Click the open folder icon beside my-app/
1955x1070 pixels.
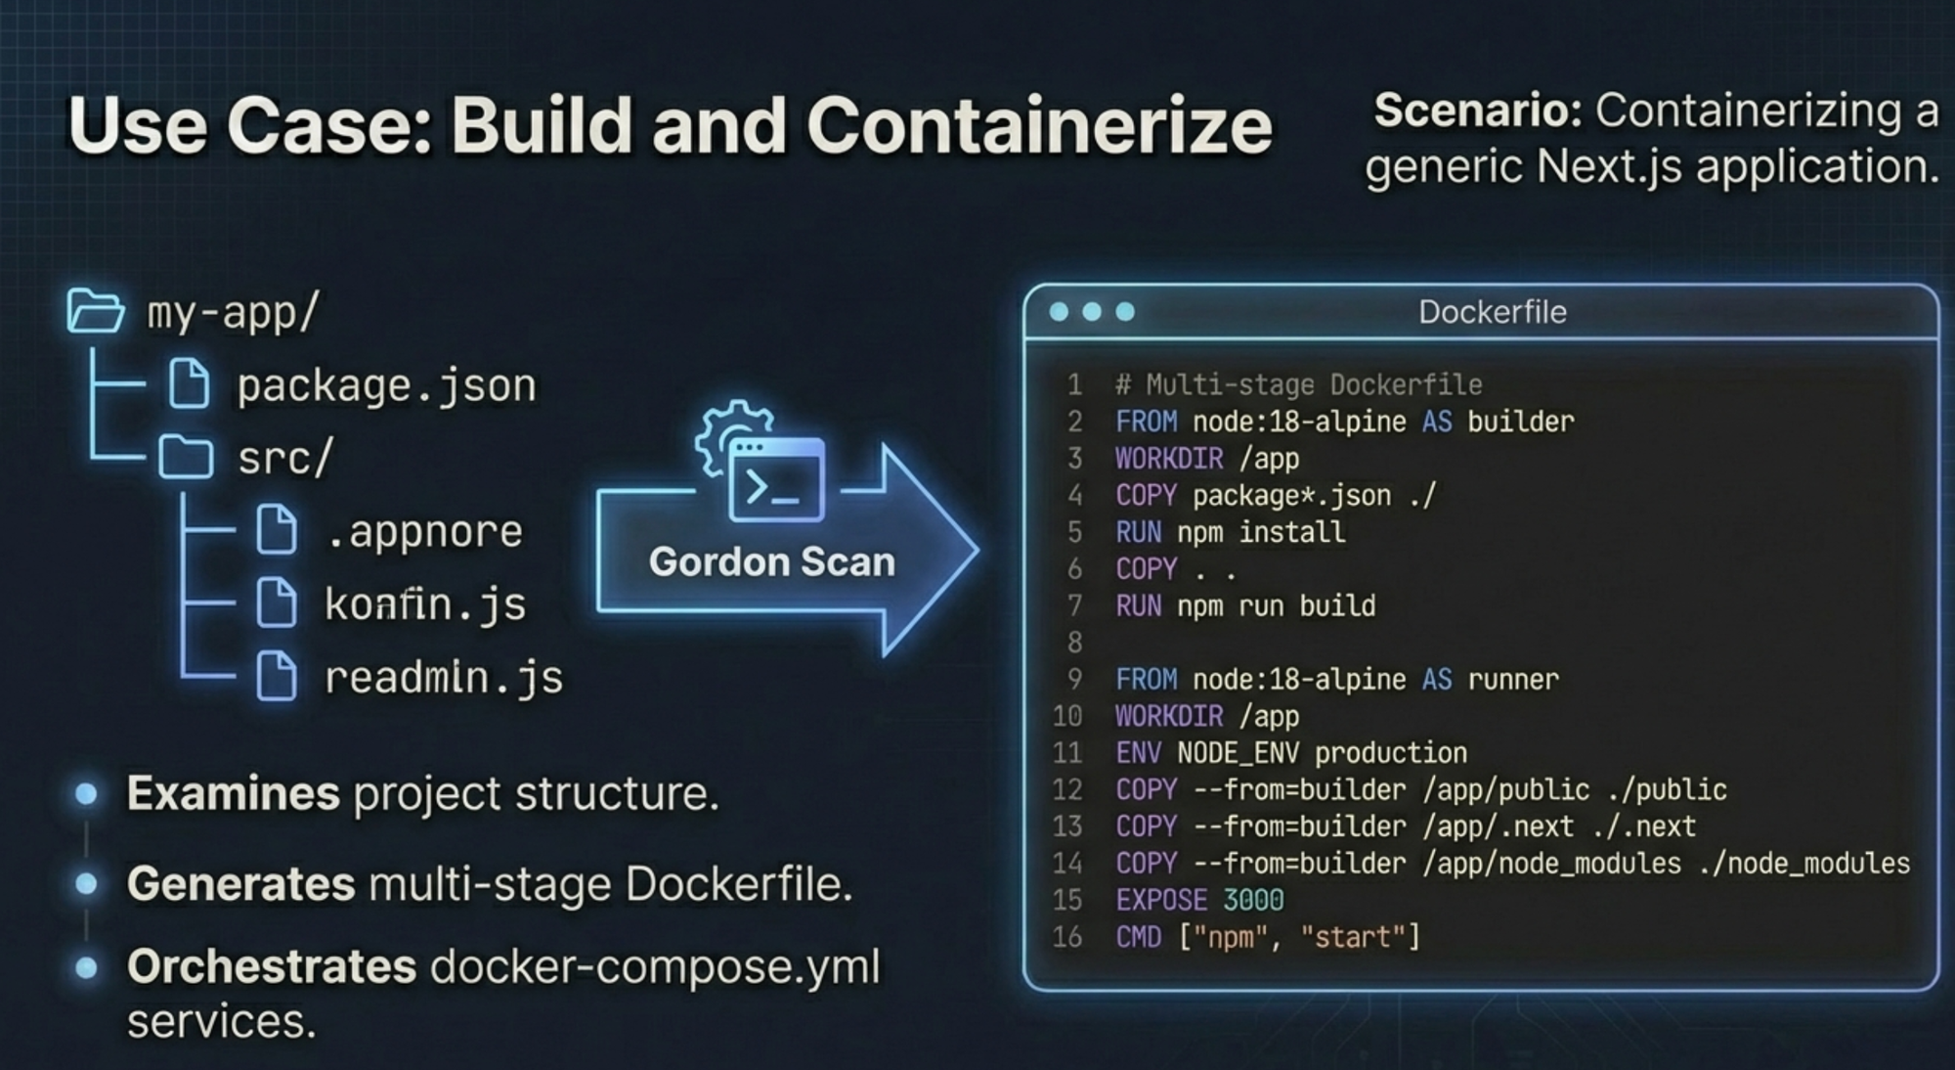point(95,312)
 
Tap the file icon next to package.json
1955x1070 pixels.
point(189,383)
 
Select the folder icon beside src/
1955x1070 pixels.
point(186,457)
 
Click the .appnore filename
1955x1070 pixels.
point(424,531)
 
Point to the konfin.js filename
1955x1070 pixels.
point(425,604)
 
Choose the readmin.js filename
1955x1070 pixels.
point(444,677)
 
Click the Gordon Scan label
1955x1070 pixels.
point(771,562)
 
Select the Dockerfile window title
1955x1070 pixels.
point(1492,312)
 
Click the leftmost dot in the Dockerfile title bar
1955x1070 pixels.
point(1059,312)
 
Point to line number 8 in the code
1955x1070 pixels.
point(1074,643)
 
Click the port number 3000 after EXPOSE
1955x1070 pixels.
point(1253,900)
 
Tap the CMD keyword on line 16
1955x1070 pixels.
point(1138,937)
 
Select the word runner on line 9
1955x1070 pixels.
point(1513,680)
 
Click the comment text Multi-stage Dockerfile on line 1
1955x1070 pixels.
point(1314,384)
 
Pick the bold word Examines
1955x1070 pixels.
point(233,793)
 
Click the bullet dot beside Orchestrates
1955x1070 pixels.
point(87,967)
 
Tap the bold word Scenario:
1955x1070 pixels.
point(1477,111)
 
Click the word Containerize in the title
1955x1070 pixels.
point(1038,126)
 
